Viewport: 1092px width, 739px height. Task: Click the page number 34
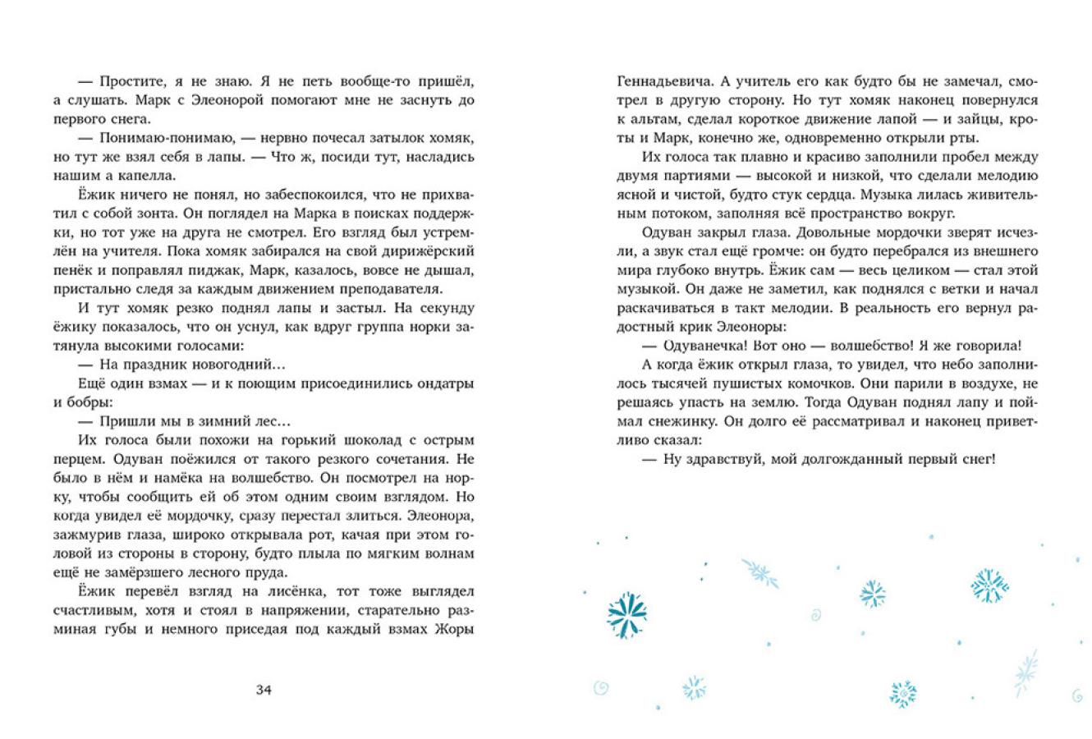coord(264,690)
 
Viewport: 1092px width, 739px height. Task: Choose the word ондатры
coord(442,383)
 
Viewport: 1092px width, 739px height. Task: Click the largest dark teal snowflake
coord(627,614)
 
